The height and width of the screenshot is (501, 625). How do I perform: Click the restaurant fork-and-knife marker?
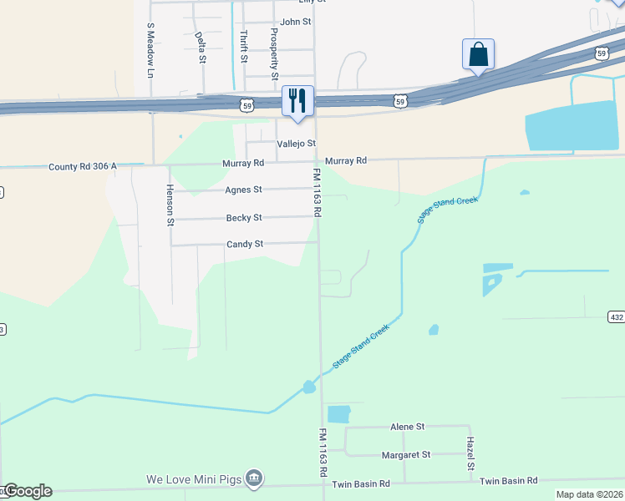coord(297,101)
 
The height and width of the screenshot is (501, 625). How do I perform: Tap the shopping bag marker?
coord(478,54)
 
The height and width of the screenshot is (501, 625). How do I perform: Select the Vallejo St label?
coord(297,144)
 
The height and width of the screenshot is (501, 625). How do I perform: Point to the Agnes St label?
coord(243,190)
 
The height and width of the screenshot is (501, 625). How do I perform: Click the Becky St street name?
coord(244,218)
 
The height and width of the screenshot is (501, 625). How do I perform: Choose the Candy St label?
coord(245,245)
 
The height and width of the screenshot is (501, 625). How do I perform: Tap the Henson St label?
coord(170,205)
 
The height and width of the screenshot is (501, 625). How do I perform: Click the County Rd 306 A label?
coord(83,166)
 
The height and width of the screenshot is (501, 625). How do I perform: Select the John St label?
coord(296,22)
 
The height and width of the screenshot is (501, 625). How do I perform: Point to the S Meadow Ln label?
coord(151,50)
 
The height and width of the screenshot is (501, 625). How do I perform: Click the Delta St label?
coord(200,48)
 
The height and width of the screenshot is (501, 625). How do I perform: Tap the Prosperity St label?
coord(273,53)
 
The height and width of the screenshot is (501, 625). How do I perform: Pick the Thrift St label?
coord(243,47)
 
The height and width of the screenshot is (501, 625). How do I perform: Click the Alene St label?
coord(408,426)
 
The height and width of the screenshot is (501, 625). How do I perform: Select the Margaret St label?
coord(405,454)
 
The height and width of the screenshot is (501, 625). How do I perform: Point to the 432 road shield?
coord(616,316)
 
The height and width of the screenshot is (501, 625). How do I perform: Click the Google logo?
coord(27,491)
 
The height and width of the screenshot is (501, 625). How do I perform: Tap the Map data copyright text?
coord(589,494)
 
